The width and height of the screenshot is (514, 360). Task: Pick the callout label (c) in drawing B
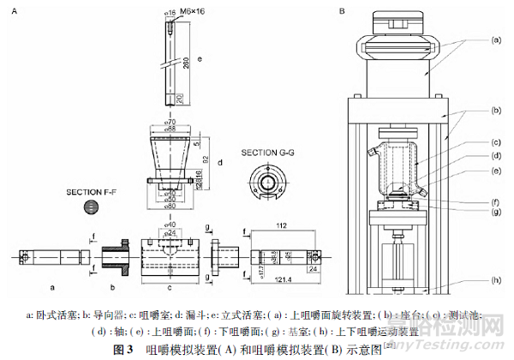[494, 142]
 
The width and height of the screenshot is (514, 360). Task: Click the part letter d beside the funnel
[221, 162]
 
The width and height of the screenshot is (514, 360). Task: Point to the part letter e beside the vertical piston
[200, 59]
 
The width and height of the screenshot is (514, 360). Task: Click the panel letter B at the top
[341, 12]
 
